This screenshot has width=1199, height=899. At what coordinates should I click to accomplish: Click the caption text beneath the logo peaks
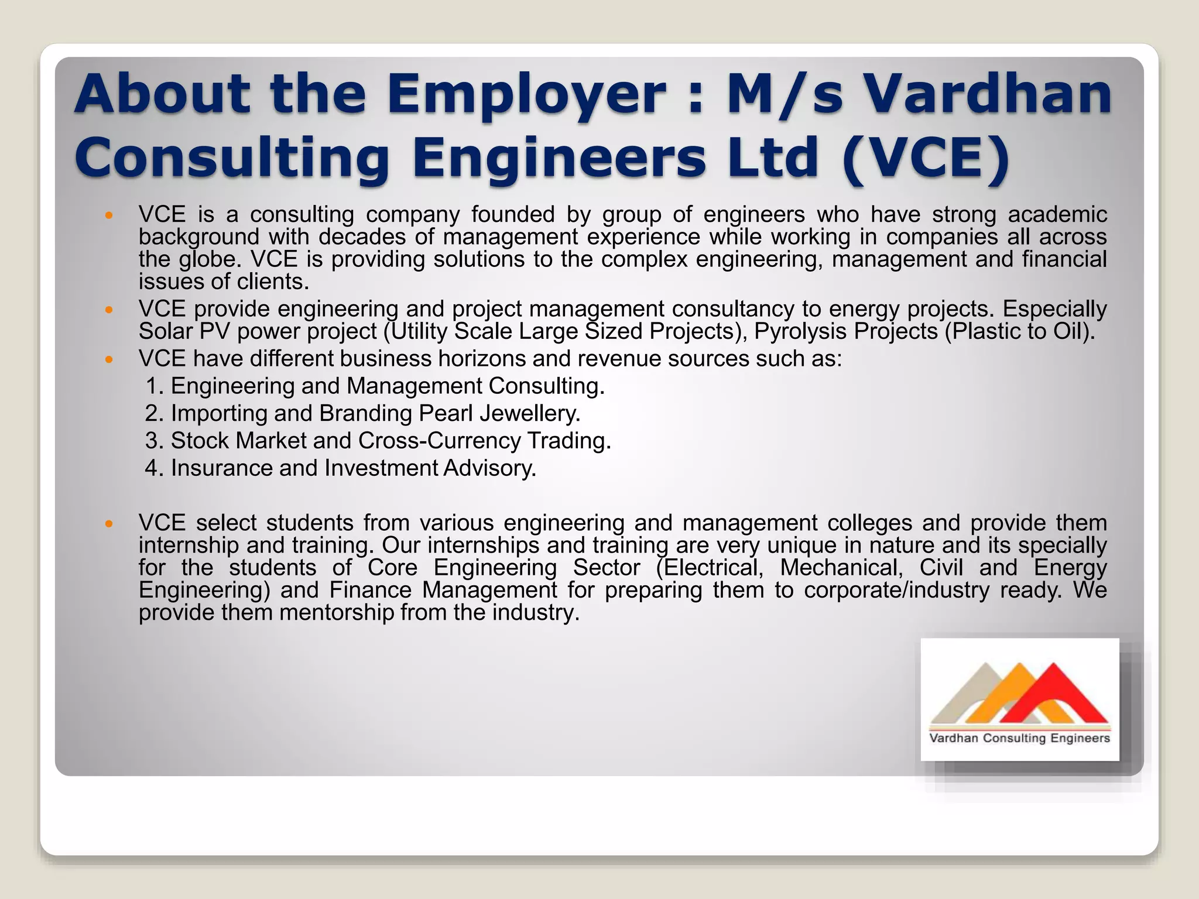click(x=1019, y=738)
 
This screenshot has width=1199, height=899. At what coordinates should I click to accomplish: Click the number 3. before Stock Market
click(x=155, y=441)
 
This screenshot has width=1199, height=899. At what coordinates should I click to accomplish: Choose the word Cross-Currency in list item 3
click(x=439, y=441)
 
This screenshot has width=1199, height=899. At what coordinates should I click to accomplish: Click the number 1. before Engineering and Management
click(x=155, y=386)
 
